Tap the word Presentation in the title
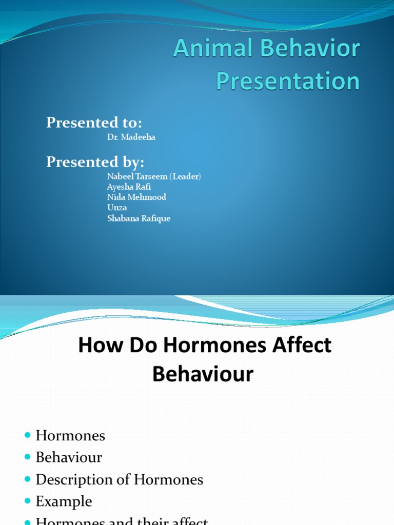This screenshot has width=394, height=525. pos(288,82)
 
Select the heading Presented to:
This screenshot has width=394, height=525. pos(94,123)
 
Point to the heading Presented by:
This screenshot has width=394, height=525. pos(95,162)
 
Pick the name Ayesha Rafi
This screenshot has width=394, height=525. pos(129,187)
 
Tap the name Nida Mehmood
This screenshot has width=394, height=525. pos(136,197)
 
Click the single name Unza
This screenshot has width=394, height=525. pos(116,208)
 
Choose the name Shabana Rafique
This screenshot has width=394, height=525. pos(139,218)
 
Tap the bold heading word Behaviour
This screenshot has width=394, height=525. pos(203,375)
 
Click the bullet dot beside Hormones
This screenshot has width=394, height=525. pos(27,436)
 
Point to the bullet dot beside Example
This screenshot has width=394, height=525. pos(27,501)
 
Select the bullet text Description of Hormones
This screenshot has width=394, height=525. pos(120,480)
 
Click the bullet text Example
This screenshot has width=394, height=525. pos(64,501)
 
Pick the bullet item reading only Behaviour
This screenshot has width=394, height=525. pos(69,458)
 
